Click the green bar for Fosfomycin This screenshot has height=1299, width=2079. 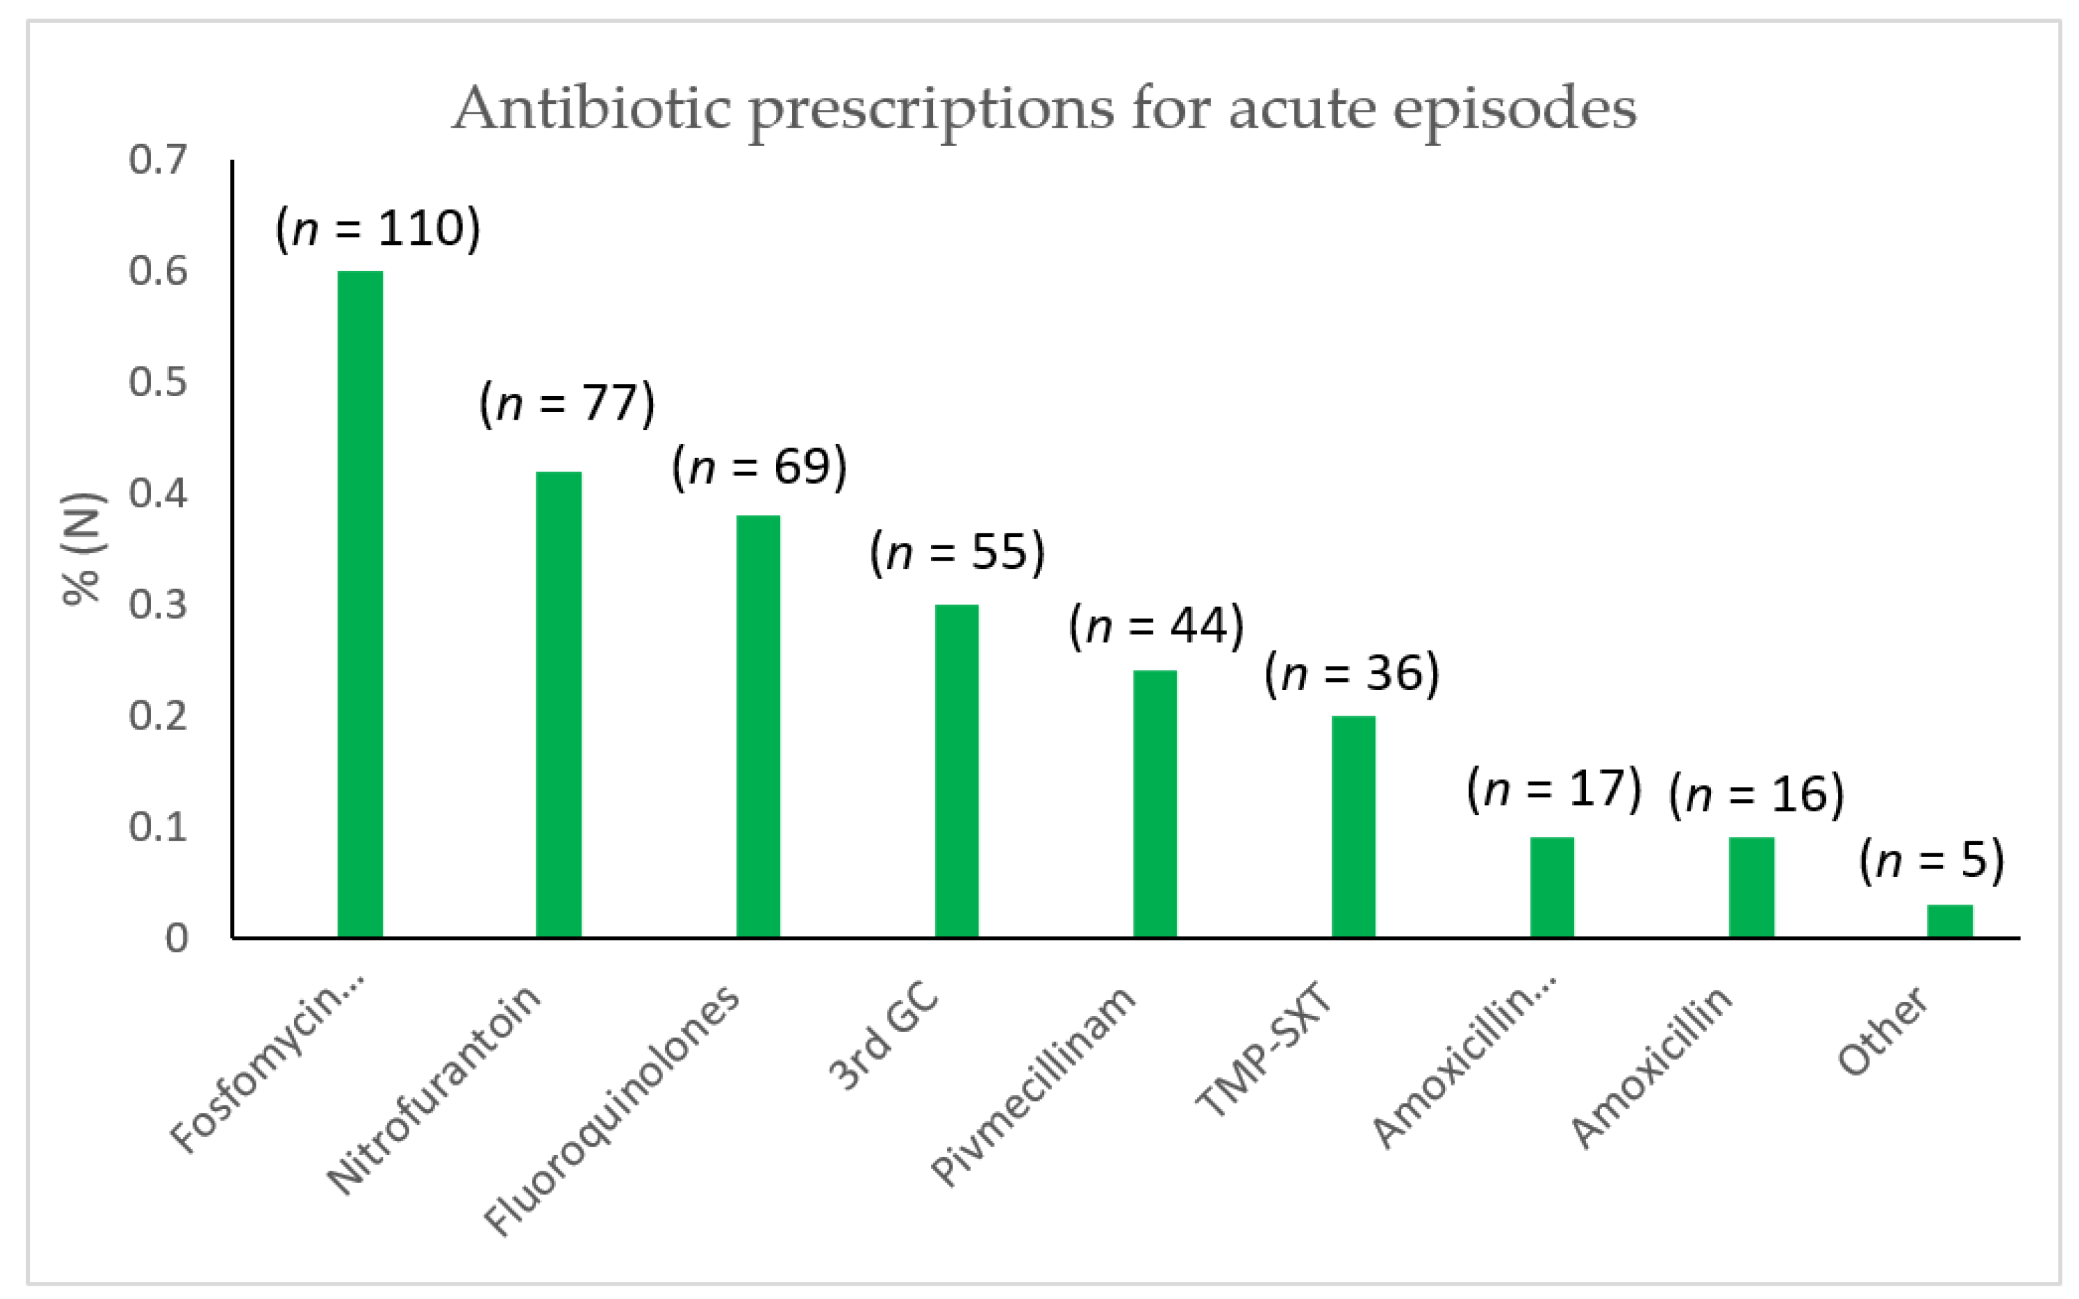(360, 603)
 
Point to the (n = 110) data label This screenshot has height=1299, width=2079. (378, 229)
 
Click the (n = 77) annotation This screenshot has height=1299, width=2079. (567, 403)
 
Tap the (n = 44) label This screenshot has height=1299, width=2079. (1156, 625)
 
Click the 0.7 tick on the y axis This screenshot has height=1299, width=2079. (158, 160)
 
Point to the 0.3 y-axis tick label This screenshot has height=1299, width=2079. (158, 605)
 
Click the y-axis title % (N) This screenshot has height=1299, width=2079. (82, 550)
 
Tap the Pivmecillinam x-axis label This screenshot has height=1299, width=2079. (1034, 1087)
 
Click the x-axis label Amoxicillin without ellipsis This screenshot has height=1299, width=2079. (1651, 1068)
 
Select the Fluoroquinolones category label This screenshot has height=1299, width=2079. (611, 1111)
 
